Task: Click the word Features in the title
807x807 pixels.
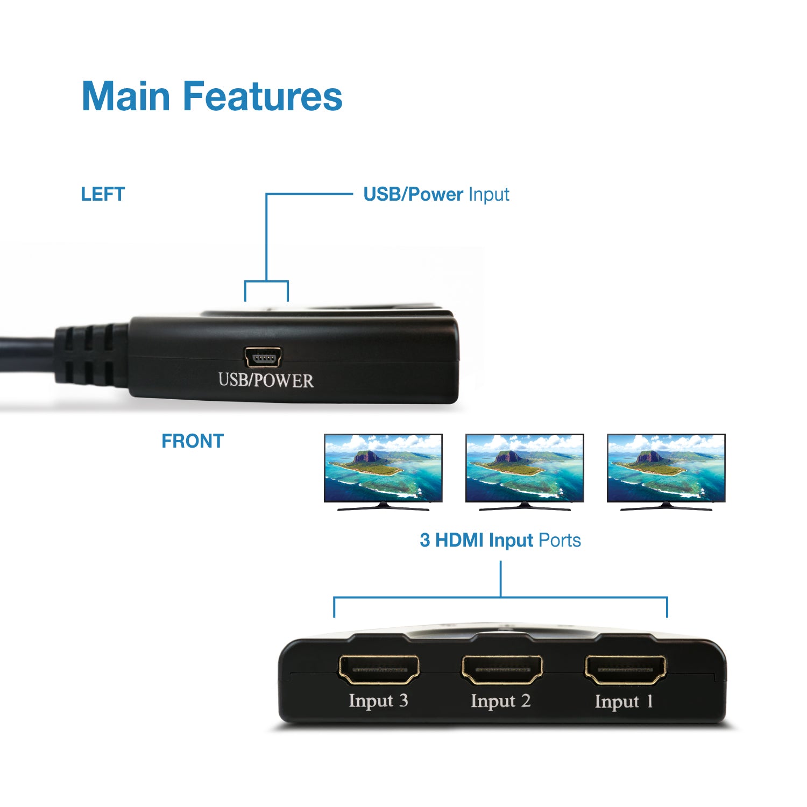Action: (x=263, y=96)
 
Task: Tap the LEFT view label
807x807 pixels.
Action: (x=103, y=194)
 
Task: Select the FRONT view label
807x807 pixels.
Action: (x=192, y=441)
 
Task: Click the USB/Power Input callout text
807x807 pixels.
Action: (x=436, y=194)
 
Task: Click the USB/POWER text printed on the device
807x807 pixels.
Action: (x=266, y=380)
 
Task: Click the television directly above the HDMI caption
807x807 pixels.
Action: (x=525, y=471)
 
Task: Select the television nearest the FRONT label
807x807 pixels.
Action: (x=383, y=471)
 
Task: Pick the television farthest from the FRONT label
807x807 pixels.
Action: (x=666, y=471)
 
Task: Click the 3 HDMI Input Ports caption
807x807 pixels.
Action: (x=500, y=540)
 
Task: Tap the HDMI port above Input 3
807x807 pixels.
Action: (x=379, y=670)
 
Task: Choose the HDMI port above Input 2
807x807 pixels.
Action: (x=502, y=670)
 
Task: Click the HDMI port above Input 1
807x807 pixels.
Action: (x=625, y=670)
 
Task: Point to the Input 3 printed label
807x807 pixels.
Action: (x=378, y=700)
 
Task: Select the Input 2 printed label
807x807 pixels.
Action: (x=500, y=701)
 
